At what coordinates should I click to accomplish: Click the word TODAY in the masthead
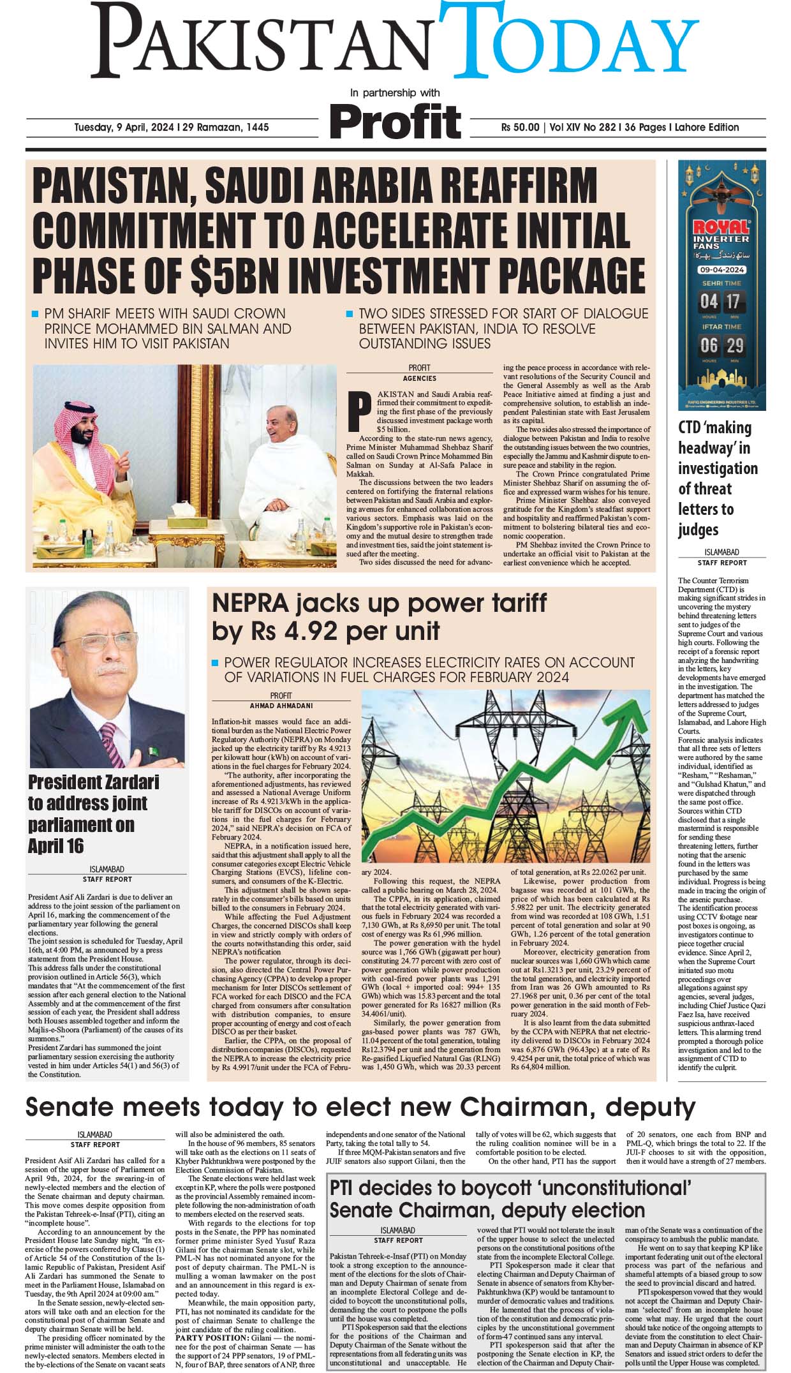click(571, 41)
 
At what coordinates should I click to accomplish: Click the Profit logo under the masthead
click(395, 121)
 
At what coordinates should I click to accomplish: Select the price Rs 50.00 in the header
click(520, 127)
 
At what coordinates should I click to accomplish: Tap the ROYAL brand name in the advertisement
click(721, 226)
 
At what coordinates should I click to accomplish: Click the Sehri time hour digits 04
click(709, 301)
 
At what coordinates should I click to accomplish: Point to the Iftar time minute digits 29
click(735, 346)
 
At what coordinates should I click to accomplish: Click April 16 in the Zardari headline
click(55, 845)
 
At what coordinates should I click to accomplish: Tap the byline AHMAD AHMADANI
click(281, 706)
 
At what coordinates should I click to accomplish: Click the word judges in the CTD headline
click(699, 530)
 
